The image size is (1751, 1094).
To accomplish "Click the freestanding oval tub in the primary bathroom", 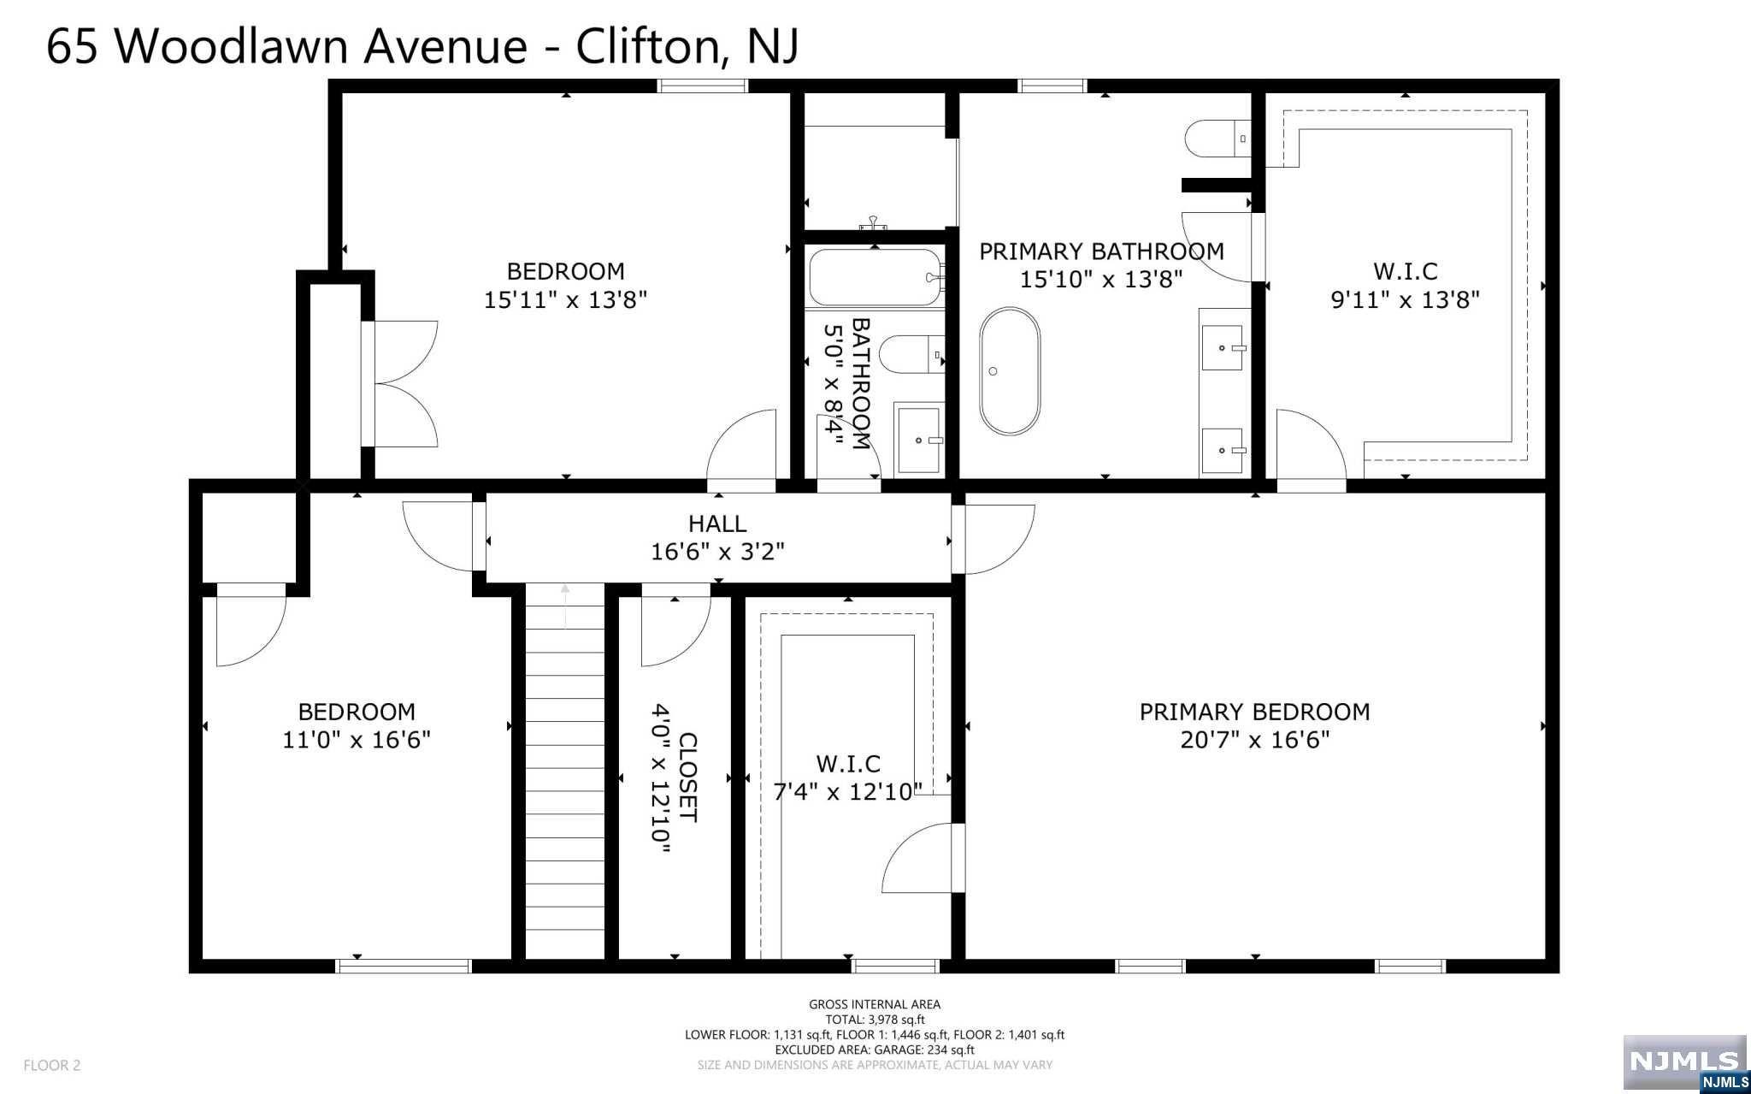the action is [x=1010, y=371].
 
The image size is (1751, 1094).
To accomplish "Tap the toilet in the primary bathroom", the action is [x=1218, y=139].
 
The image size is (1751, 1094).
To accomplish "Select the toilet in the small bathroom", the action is [x=911, y=355].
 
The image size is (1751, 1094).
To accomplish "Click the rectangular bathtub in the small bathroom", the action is [x=876, y=276].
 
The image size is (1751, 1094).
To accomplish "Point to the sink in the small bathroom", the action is [x=919, y=439].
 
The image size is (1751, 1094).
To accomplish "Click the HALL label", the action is [x=717, y=523].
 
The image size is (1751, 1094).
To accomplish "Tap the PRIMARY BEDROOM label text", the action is [x=1254, y=712].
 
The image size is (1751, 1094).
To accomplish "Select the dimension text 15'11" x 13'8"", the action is [x=565, y=300].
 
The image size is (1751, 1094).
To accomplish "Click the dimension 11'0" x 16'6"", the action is [x=357, y=740].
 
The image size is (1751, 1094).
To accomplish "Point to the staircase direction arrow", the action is [x=564, y=606].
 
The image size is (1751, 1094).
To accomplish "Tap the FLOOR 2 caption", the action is [x=52, y=1066].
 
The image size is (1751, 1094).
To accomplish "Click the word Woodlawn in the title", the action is [x=235, y=46].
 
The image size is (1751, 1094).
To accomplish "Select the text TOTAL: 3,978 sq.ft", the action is [x=875, y=1020].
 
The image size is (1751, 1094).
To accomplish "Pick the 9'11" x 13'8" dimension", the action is [x=1406, y=300].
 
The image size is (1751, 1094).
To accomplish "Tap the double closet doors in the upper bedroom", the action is [x=401, y=384].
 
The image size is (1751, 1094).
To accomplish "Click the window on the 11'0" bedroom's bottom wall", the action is [x=404, y=967].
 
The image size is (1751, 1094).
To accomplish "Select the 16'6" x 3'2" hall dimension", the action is [x=717, y=552].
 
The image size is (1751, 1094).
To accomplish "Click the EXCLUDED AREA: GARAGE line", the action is [x=875, y=1050].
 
